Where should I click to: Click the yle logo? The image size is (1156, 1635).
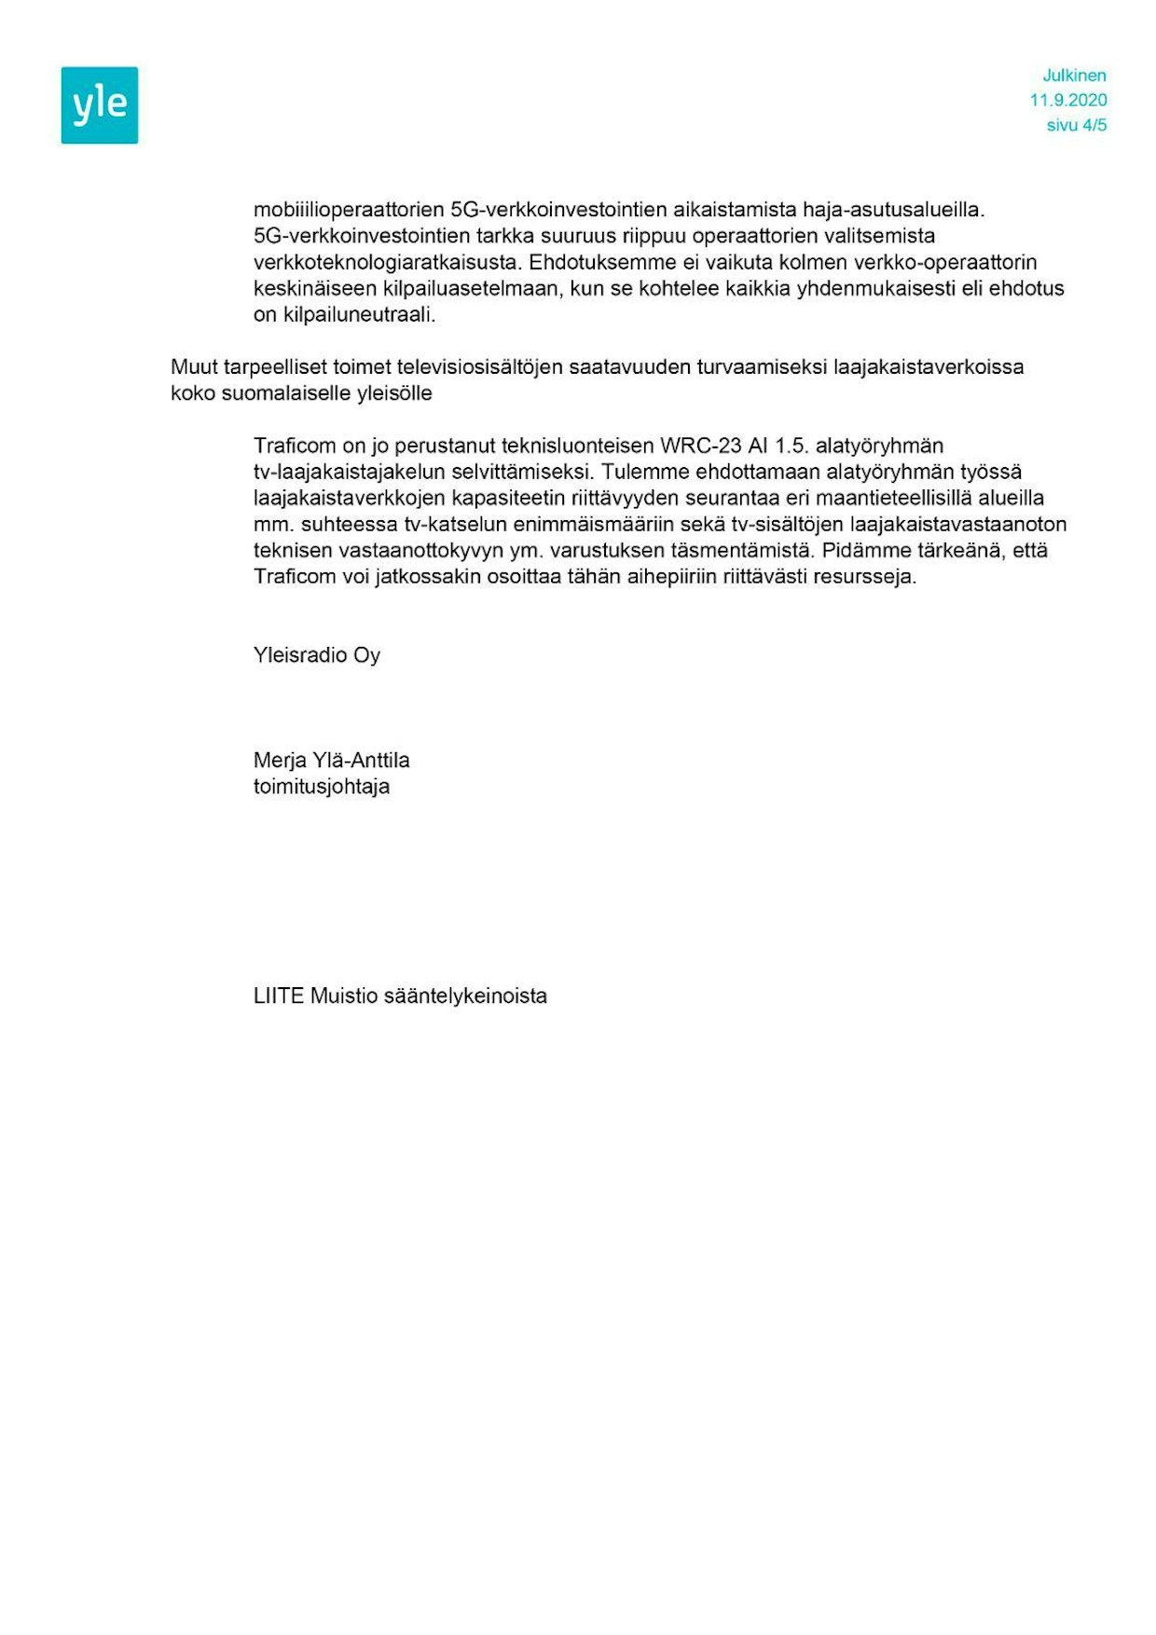point(100,105)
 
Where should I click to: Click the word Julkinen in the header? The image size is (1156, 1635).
point(1074,76)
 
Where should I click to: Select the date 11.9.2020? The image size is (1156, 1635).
point(1068,101)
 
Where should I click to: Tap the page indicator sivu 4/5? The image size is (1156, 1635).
point(1077,126)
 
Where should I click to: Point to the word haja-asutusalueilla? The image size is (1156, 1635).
point(893,211)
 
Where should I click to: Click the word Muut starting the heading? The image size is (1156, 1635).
point(194,367)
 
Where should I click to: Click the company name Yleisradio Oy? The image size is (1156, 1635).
point(317,655)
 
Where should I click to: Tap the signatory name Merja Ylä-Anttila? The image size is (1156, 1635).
point(331,761)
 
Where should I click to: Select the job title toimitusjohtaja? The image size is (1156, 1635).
point(322,787)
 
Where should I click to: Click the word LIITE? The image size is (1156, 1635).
point(279,996)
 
